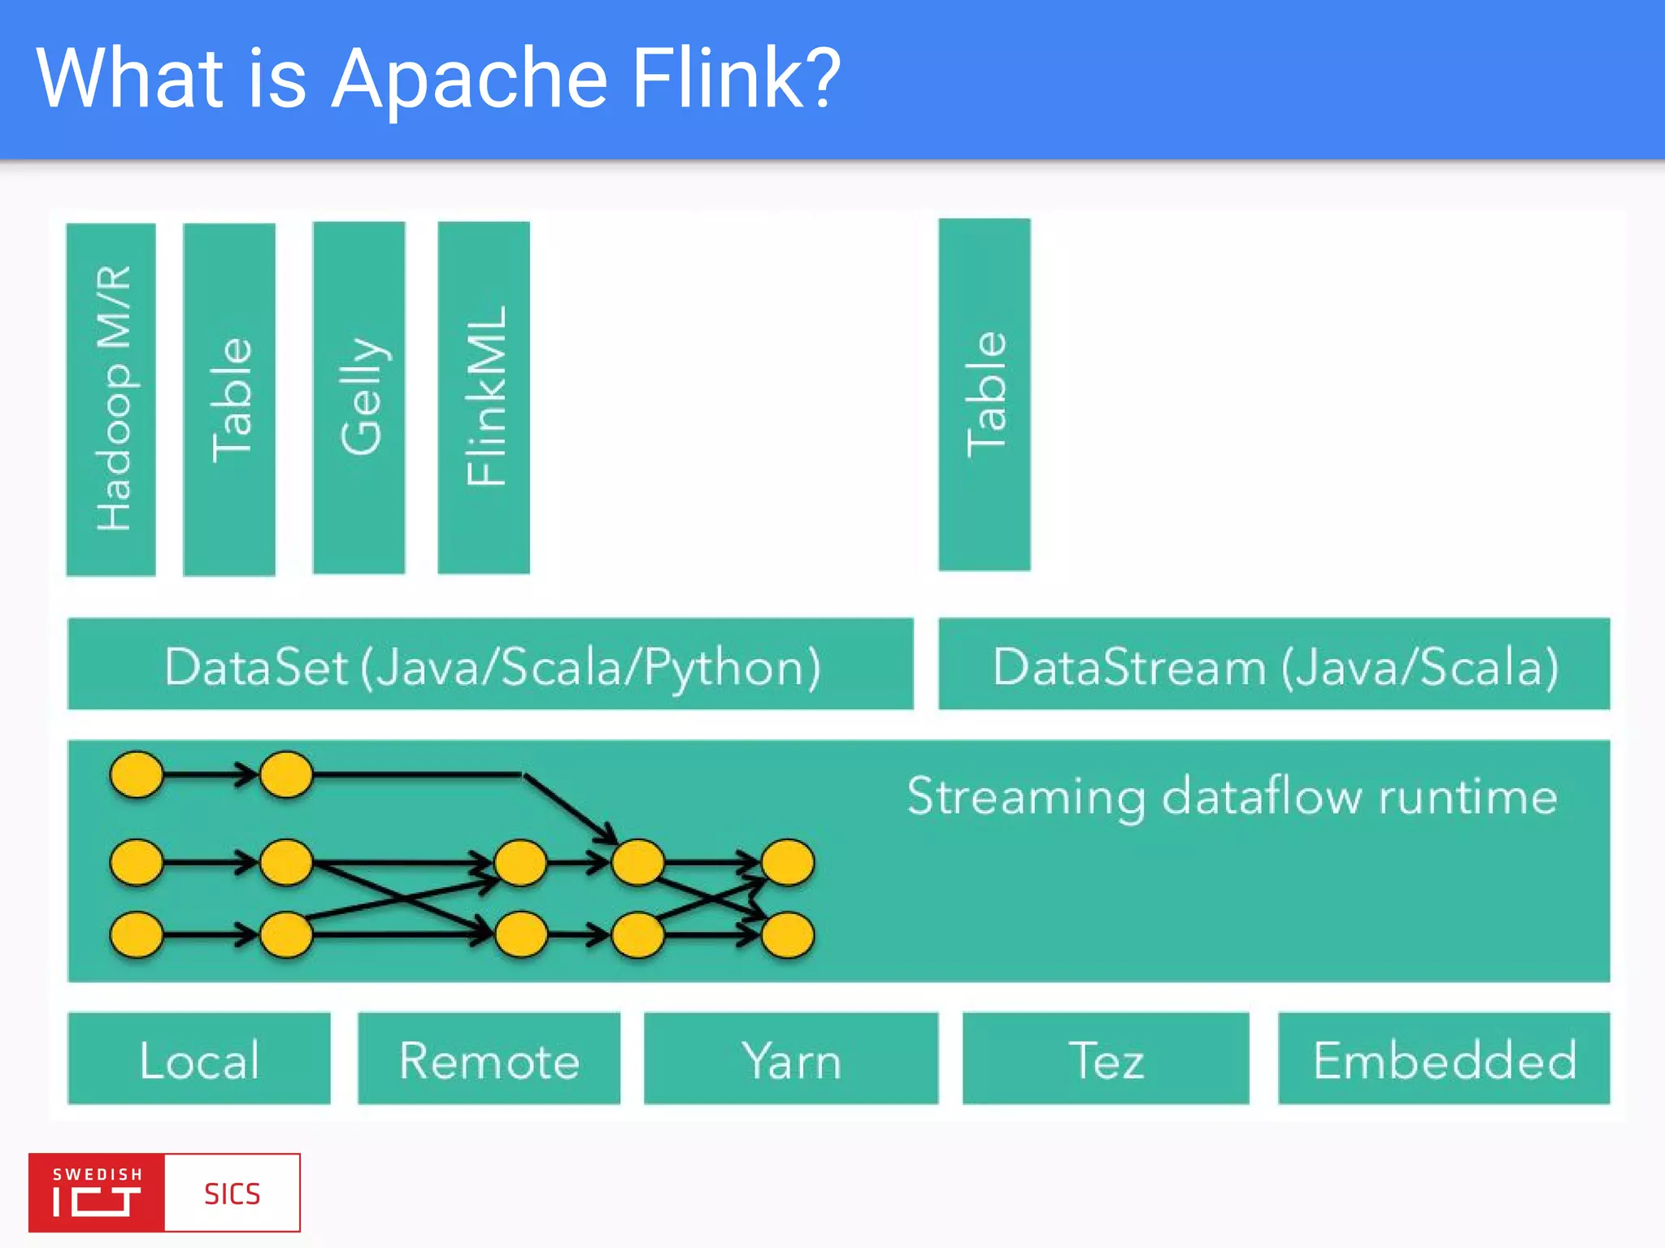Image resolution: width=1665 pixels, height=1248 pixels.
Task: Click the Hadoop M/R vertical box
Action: pyautogui.click(x=111, y=399)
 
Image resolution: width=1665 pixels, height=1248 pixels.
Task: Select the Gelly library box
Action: pyautogui.click(x=359, y=397)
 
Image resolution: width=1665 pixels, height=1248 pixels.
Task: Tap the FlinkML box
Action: pyautogui.click(x=484, y=397)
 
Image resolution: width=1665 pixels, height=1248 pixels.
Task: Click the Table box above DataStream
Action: pyautogui.click(x=985, y=394)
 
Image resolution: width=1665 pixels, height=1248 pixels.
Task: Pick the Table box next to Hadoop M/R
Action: pyautogui.click(x=229, y=399)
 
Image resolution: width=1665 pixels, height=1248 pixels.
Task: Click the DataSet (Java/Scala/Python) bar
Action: pyautogui.click(x=490, y=664)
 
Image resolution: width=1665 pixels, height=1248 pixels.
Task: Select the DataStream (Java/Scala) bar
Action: pyautogui.click(x=1274, y=664)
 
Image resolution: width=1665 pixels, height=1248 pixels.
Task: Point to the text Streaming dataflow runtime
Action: pyautogui.click(x=1232, y=796)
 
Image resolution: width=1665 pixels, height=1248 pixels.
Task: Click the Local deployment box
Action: pyautogui.click(x=199, y=1058)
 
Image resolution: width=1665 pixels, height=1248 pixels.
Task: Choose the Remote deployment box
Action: pyautogui.click(x=489, y=1058)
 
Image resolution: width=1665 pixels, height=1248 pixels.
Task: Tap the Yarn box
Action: pyautogui.click(x=791, y=1058)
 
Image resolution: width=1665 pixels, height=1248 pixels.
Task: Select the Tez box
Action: pyautogui.click(x=1106, y=1058)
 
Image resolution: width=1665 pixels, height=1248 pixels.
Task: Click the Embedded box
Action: pyautogui.click(x=1444, y=1058)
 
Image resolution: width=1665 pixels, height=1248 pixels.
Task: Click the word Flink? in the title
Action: pyautogui.click(x=736, y=79)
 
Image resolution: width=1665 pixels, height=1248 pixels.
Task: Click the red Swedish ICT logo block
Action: pyautogui.click(x=97, y=1192)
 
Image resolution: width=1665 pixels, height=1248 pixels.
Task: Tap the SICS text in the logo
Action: pyautogui.click(x=232, y=1194)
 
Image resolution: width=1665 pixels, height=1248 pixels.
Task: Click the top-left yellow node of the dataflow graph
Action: pyautogui.click(x=137, y=774)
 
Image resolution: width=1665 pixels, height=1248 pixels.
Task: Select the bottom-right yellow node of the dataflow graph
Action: pyautogui.click(x=787, y=934)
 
